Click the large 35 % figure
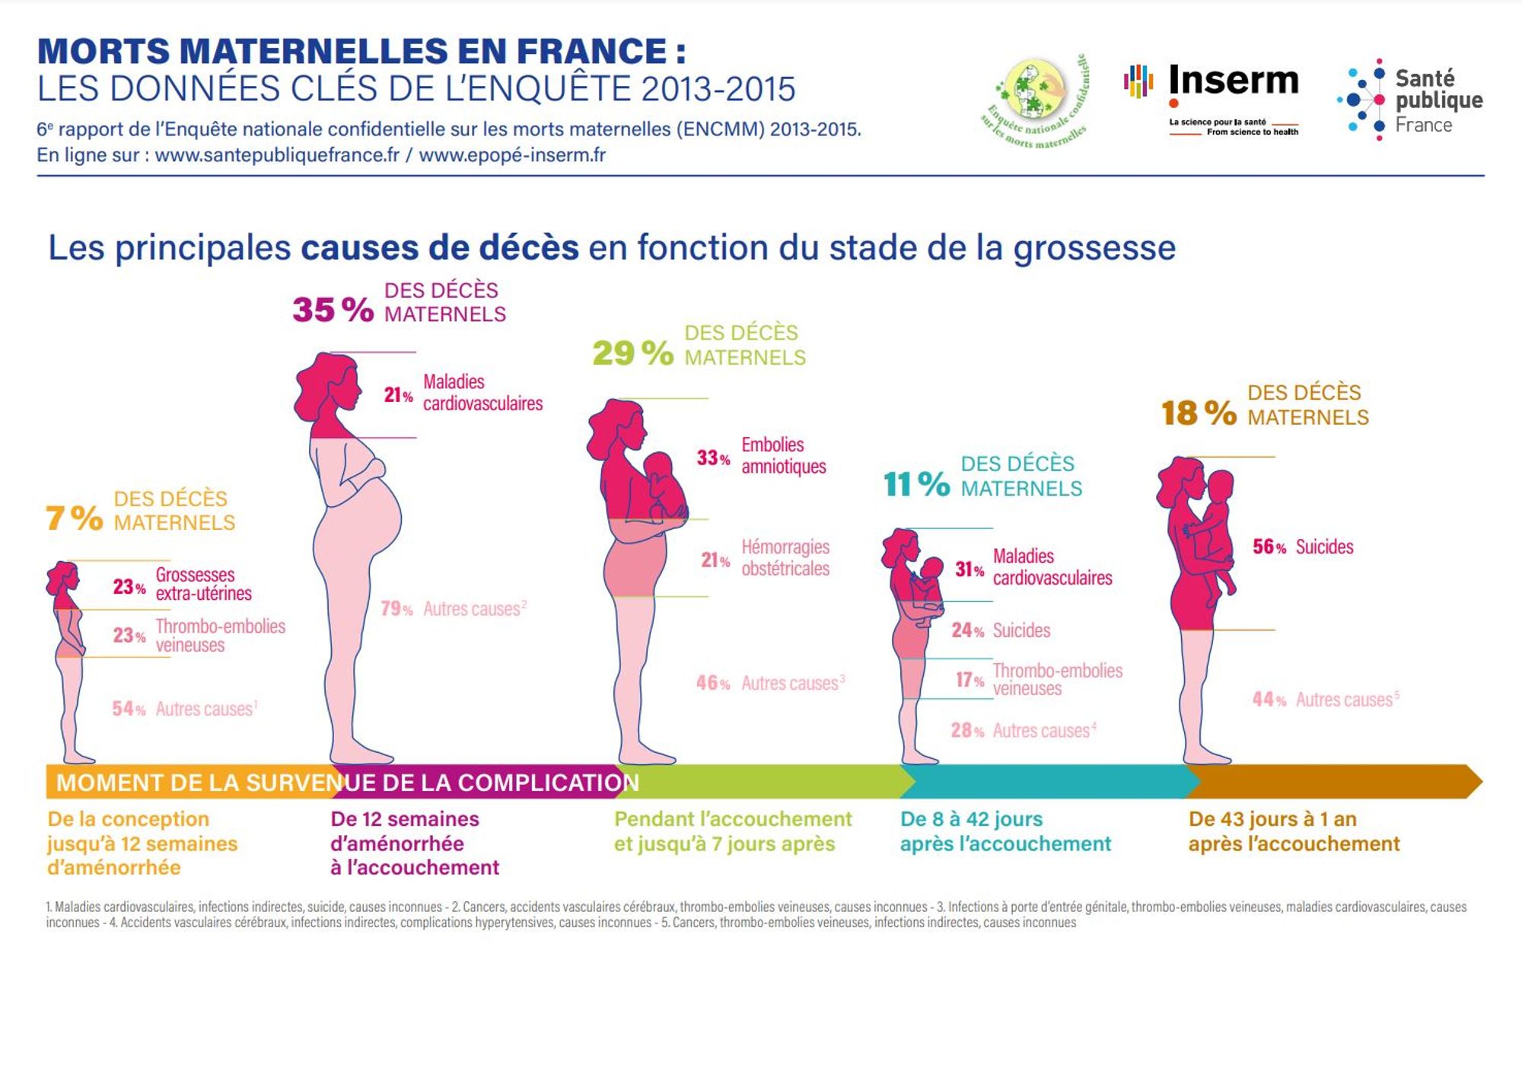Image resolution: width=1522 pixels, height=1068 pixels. [x=333, y=310]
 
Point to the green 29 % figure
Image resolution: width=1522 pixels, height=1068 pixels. [x=632, y=353]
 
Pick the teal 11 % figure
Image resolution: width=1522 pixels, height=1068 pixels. [x=916, y=484]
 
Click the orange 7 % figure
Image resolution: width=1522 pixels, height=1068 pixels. [x=74, y=518]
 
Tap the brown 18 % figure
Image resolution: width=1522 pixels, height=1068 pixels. [x=1199, y=413]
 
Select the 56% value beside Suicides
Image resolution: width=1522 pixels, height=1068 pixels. [x=1269, y=547]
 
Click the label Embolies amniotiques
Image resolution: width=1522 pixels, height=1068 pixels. [x=783, y=455]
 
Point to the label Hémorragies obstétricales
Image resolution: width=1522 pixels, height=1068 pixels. [x=785, y=557]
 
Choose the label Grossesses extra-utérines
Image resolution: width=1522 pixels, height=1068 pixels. [x=203, y=584]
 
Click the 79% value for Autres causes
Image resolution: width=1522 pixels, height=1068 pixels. [x=396, y=609]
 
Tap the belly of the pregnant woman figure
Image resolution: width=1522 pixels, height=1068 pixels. [x=380, y=518]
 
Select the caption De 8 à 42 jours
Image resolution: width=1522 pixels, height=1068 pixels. [x=971, y=819]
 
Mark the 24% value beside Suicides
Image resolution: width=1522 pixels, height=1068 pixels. [x=967, y=630]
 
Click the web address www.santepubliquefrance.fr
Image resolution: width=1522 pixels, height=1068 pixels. [x=277, y=155]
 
